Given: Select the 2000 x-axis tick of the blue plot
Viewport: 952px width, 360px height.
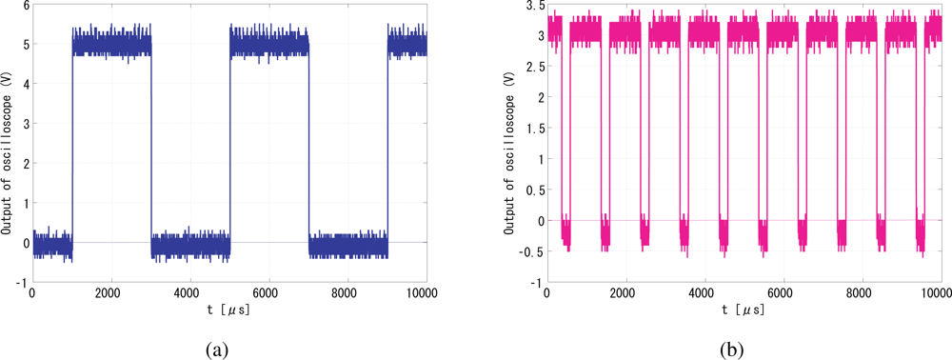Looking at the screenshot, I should click(110, 292).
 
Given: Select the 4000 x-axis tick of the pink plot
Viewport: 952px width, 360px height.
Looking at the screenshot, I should click(703, 292).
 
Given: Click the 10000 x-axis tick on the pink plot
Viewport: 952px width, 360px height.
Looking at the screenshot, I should click(938, 292).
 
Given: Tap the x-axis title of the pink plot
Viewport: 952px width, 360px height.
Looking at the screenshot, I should click(742, 310).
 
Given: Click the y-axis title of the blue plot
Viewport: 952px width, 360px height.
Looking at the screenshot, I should click(7, 143).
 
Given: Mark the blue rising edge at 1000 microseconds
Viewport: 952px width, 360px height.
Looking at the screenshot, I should click(72, 143).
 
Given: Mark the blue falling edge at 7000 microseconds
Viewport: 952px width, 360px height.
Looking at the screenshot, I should click(308, 143).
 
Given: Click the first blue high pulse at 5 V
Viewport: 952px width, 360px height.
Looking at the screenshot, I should click(111, 44).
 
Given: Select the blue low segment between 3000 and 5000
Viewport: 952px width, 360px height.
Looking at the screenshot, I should click(190, 244).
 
